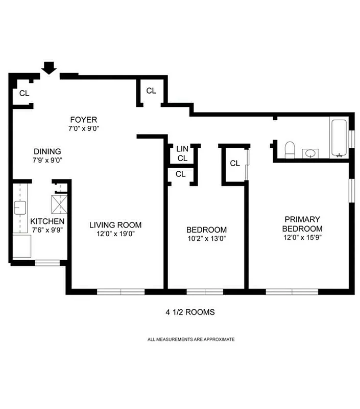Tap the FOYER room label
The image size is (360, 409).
click(x=84, y=120)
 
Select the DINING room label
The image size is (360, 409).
click(x=47, y=151)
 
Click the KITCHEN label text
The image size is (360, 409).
click(x=47, y=221)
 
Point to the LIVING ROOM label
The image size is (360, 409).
click(x=115, y=225)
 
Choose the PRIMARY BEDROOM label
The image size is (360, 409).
click(x=302, y=224)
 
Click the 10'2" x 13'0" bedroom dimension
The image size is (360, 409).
click(x=206, y=238)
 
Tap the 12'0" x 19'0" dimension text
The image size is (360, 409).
click(x=115, y=234)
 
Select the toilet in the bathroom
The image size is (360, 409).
click(x=289, y=149)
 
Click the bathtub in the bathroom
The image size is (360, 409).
click(x=339, y=138)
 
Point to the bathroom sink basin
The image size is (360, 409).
click(x=310, y=153)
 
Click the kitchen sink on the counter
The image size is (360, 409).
click(x=20, y=208)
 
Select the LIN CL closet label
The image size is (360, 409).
click(x=182, y=153)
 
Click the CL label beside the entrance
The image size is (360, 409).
click(x=24, y=94)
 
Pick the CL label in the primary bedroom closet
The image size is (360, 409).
click(x=234, y=164)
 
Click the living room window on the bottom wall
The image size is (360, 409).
click(x=121, y=291)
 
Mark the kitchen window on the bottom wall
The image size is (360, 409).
click(x=47, y=263)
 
